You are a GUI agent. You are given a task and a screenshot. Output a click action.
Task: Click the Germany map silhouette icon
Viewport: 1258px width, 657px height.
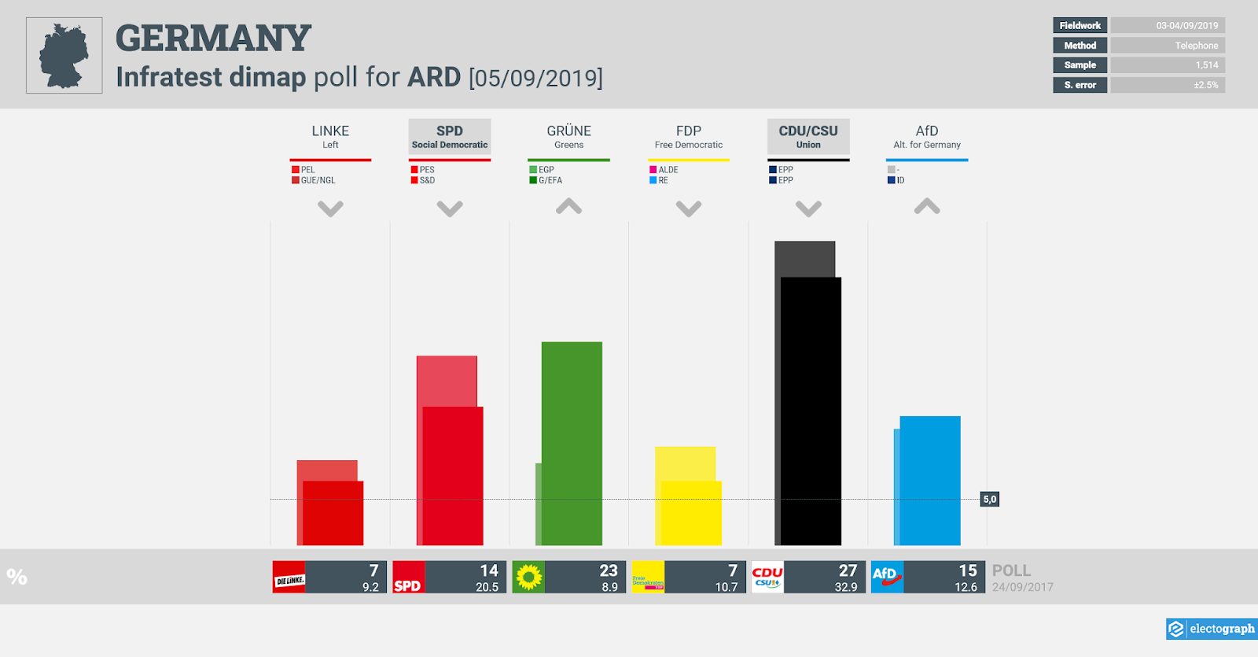[x=64, y=55]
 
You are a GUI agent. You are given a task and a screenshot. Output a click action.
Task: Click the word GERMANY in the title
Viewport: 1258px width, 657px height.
[x=213, y=38]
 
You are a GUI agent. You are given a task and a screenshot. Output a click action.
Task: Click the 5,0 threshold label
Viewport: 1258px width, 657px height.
[x=989, y=499]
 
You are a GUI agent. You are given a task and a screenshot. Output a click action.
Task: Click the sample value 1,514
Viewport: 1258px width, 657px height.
[x=1206, y=65]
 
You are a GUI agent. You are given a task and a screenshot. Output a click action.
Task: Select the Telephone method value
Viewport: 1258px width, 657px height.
[x=1196, y=46]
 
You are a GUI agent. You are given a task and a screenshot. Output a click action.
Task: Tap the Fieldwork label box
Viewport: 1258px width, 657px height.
[x=1080, y=25]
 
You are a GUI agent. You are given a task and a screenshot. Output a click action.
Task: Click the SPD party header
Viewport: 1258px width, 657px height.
[x=450, y=136]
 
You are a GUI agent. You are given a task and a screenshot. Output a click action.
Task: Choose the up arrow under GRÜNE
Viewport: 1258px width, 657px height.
[x=568, y=207]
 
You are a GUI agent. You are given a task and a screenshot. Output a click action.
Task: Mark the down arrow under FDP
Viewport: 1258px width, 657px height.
[x=688, y=209]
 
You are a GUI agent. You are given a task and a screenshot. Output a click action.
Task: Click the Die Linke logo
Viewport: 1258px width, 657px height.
[x=289, y=577]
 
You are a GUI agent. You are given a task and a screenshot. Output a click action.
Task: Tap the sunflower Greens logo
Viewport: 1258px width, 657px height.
[x=528, y=577]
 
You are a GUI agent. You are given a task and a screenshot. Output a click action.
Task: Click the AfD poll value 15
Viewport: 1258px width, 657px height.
[x=967, y=570]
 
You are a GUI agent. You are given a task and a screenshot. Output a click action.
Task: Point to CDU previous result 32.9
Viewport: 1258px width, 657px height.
[x=845, y=587]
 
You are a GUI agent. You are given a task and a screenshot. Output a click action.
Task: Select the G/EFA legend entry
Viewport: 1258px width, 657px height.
[x=550, y=180]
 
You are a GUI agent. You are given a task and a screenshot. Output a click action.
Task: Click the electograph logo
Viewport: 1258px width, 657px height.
[x=1212, y=629]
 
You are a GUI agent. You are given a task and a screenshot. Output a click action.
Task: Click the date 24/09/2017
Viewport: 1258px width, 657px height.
[x=1022, y=587]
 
